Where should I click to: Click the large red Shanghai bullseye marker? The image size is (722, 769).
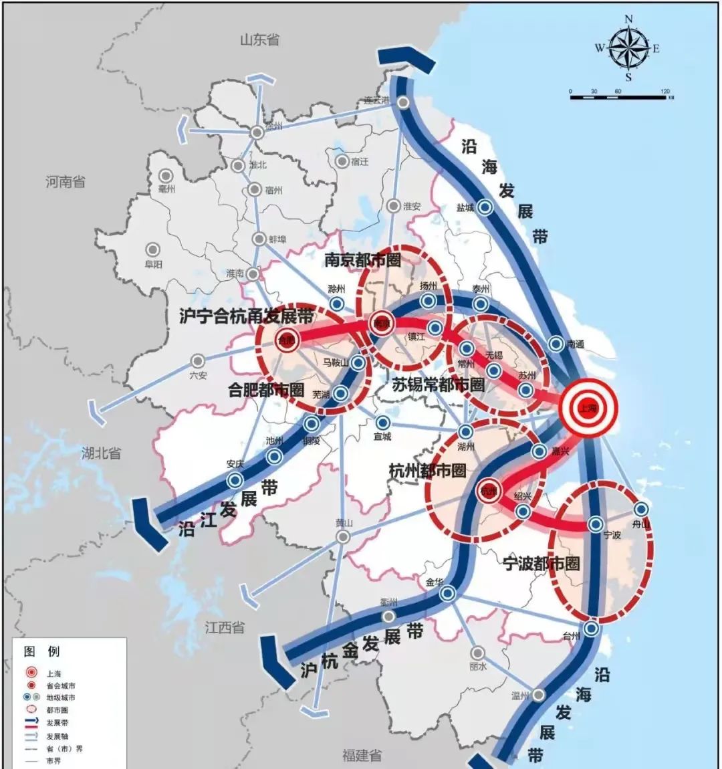(x=588, y=408)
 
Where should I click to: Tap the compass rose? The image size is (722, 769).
(x=628, y=48)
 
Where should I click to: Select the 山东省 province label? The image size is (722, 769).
(x=259, y=39)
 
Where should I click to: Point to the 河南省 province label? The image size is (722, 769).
(x=66, y=181)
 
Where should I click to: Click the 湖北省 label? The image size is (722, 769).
(x=101, y=453)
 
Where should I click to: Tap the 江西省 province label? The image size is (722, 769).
(x=225, y=627)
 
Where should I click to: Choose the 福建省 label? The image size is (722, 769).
(x=362, y=755)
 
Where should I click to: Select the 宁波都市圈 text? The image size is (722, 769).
(x=541, y=564)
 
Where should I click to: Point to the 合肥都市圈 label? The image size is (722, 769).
(x=266, y=390)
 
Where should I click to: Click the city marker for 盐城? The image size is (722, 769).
(x=486, y=208)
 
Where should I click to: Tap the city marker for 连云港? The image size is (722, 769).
(x=404, y=102)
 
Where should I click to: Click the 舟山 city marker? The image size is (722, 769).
(x=641, y=510)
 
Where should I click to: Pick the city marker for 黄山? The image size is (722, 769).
(x=343, y=537)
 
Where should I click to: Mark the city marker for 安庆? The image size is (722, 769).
(x=234, y=479)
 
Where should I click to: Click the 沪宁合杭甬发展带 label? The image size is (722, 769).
(x=246, y=316)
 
